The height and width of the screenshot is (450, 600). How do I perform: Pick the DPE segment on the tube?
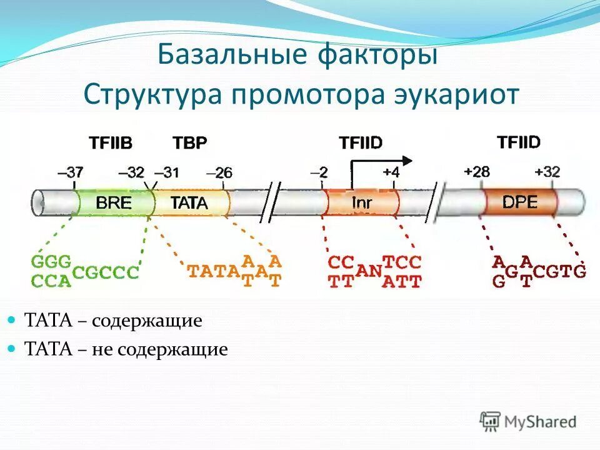[x=521, y=201]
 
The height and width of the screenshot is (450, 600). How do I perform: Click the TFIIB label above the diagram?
[x=111, y=143]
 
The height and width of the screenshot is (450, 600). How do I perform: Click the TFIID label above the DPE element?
[x=518, y=142]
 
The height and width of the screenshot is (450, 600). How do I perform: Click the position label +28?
[x=477, y=172]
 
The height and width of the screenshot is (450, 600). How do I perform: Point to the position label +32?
[x=547, y=172]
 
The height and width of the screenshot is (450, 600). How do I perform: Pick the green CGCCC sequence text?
[x=106, y=272]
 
